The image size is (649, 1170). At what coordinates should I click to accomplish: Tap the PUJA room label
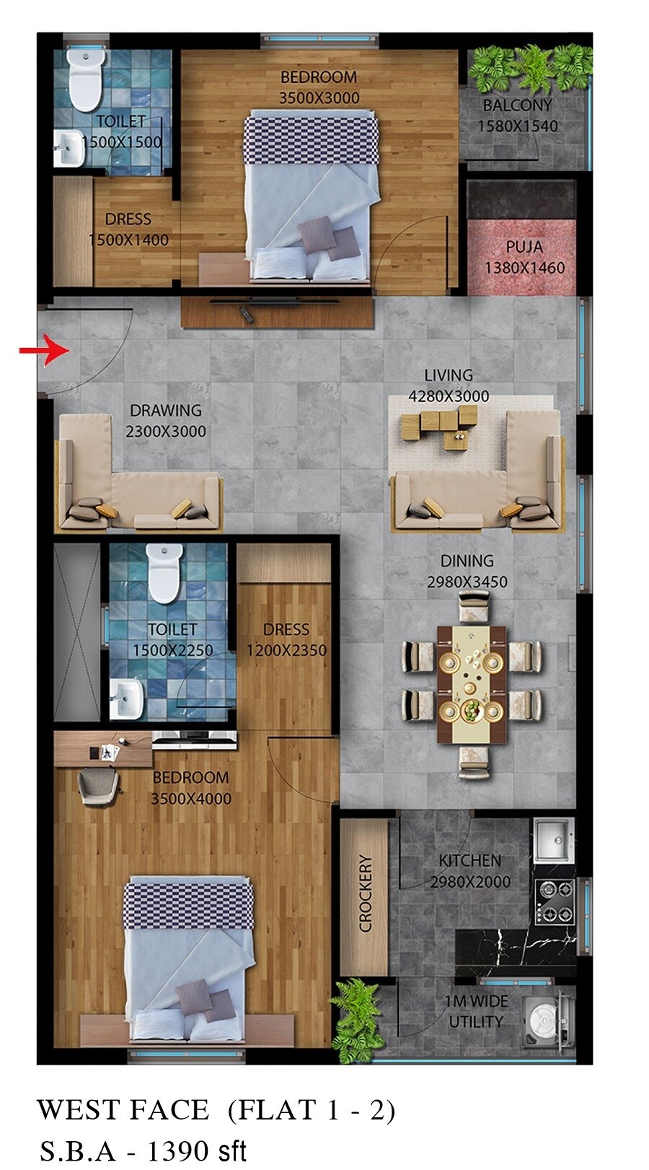pos(524,247)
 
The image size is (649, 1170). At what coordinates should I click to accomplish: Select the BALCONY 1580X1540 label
pos(517,115)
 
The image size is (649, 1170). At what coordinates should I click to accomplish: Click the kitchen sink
pos(553,839)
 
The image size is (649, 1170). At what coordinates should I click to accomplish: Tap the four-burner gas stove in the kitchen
pos(555,901)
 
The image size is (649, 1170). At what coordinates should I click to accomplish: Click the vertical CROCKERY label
pos(366,893)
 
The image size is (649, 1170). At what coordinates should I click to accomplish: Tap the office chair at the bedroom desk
pos(97,785)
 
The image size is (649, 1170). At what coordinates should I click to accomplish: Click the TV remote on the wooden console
pos(245,314)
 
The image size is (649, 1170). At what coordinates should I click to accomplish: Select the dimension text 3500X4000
pos(191,799)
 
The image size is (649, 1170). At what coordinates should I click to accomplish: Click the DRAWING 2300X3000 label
pos(166,421)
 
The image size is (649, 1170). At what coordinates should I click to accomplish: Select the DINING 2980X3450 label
pos(467,571)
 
